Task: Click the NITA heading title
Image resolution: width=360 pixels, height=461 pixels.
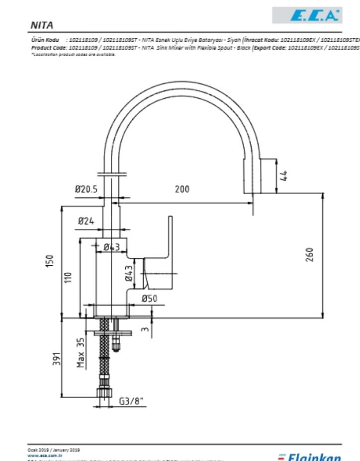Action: click(x=42, y=25)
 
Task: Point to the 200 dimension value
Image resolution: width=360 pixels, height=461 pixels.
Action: click(x=182, y=189)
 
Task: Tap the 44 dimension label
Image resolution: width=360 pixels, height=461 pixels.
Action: click(x=284, y=175)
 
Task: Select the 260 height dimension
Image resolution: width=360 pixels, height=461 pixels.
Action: click(x=309, y=255)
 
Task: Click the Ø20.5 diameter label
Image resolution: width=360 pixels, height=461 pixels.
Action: click(x=87, y=189)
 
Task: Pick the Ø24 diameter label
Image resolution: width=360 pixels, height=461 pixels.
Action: click(x=86, y=222)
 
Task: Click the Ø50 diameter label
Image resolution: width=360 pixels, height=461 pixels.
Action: click(x=149, y=299)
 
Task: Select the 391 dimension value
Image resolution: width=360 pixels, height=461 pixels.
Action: click(x=57, y=359)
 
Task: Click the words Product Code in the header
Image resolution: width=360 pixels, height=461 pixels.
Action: click(x=47, y=48)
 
